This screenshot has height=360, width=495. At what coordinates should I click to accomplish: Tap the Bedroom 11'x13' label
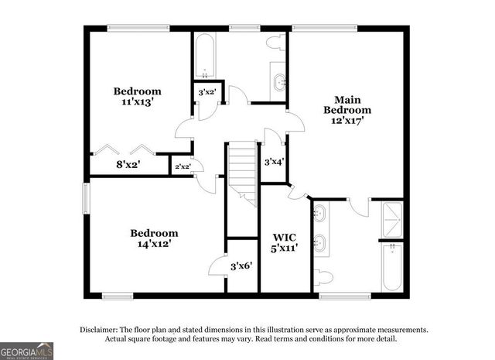pyautogui.click(x=138, y=95)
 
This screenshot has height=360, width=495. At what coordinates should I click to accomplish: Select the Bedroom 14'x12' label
pyautogui.click(x=154, y=238)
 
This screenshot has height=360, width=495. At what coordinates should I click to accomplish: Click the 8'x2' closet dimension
pyautogui.click(x=128, y=164)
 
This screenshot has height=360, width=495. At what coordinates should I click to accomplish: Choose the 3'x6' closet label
pyautogui.click(x=242, y=266)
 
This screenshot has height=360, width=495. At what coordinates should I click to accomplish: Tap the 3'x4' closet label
pyautogui.click(x=275, y=163)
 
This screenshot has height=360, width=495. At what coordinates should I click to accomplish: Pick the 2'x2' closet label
pyautogui.click(x=183, y=166)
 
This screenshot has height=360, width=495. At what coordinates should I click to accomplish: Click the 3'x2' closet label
pyautogui.click(x=207, y=92)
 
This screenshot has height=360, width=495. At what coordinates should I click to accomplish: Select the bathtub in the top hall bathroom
pyautogui.click(x=204, y=56)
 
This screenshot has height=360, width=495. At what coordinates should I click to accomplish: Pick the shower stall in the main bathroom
pyautogui.click(x=392, y=219)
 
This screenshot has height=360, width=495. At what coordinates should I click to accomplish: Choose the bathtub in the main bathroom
pyautogui.click(x=392, y=267)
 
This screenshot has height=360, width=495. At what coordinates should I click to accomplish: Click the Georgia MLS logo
pyautogui.click(x=27, y=351)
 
